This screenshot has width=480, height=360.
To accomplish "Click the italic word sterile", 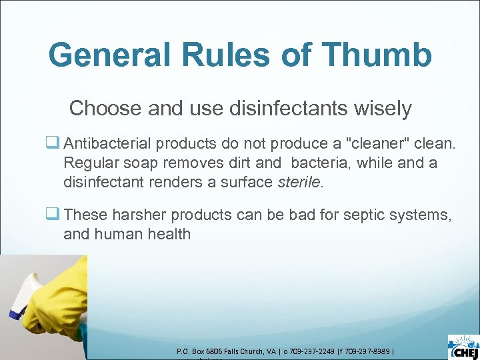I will tap(299, 181).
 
